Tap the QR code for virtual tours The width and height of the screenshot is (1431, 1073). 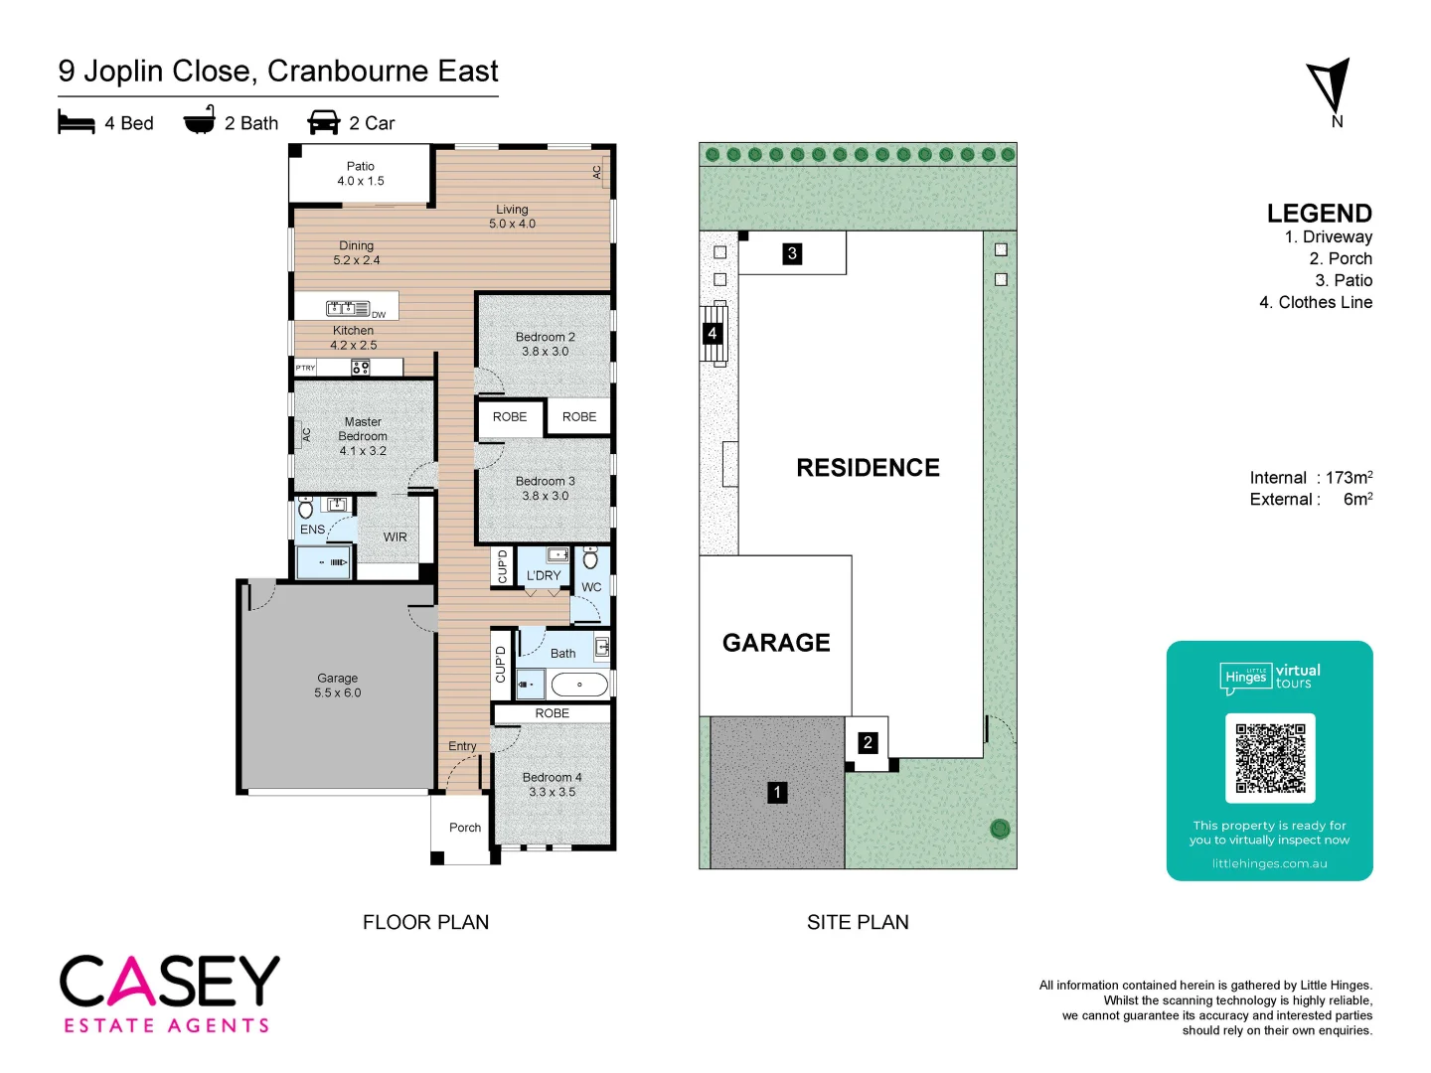tap(1270, 758)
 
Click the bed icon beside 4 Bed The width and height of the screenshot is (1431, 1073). tap(77, 122)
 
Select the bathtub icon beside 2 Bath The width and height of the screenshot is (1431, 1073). tap(200, 120)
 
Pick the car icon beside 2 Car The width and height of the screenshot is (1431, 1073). tap(324, 122)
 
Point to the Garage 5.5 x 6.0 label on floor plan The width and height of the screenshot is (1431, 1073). tap(338, 686)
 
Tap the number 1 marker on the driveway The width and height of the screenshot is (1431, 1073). tap(777, 792)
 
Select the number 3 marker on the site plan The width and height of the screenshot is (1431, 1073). tap(792, 253)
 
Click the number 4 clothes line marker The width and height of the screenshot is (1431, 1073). tap(712, 334)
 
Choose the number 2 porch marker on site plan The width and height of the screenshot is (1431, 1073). tap(868, 742)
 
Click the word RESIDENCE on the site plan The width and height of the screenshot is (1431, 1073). tap(868, 468)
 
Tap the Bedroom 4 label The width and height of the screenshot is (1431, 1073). tap(552, 784)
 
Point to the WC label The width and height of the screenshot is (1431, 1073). tap(591, 587)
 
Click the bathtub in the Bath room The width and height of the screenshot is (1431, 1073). tap(579, 685)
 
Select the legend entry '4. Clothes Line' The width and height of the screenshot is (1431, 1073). tap(1316, 302)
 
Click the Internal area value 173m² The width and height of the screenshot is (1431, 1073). tap(1349, 478)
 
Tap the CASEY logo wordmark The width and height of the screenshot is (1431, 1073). tap(170, 982)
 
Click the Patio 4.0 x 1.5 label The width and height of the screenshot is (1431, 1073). tap(361, 174)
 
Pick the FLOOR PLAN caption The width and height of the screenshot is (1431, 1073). tap(425, 922)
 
